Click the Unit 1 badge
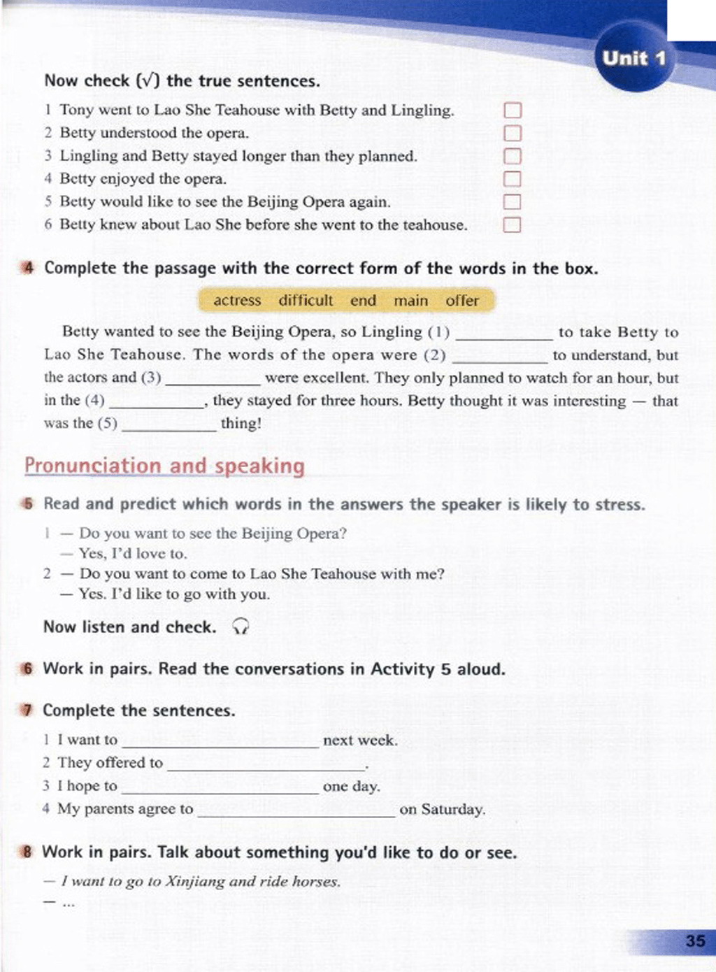pyautogui.click(x=634, y=59)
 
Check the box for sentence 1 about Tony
pyautogui.click(x=513, y=110)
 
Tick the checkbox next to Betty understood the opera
pyautogui.click(x=513, y=133)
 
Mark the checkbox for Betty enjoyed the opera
pyautogui.click(x=513, y=179)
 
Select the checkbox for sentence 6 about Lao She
pyautogui.click(x=513, y=225)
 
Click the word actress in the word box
pyautogui.click(x=237, y=301)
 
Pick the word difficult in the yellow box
pyautogui.click(x=306, y=301)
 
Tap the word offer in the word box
pyautogui.click(x=462, y=301)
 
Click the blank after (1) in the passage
pyautogui.click(x=503, y=334)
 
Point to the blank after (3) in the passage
pyautogui.click(x=213, y=379)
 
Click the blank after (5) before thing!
pyautogui.click(x=169, y=424)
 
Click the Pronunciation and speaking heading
pyautogui.click(x=164, y=466)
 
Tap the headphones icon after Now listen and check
pyautogui.click(x=240, y=627)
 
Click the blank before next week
pyautogui.click(x=220, y=741)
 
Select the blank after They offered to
pyautogui.click(x=266, y=764)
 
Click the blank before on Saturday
pyautogui.click(x=296, y=810)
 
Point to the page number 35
pyautogui.click(x=695, y=941)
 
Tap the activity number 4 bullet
pyautogui.click(x=28, y=269)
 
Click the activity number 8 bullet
pyautogui.click(x=27, y=852)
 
